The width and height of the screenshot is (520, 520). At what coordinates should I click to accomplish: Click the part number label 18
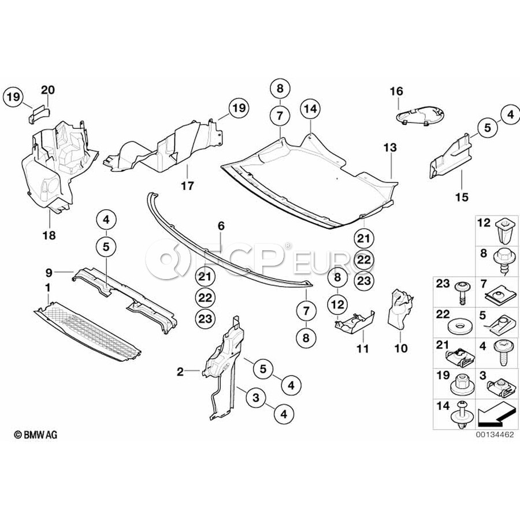click(49, 235)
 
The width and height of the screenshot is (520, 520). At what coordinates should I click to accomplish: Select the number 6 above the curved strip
click(220, 226)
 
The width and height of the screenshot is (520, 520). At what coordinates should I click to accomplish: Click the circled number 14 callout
click(310, 108)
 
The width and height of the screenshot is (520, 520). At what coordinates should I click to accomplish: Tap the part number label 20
click(48, 90)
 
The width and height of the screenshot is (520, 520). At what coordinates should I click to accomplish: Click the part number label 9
click(49, 271)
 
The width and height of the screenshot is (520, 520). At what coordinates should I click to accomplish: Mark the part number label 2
click(180, 373)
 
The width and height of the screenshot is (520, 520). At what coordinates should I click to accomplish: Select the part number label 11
click(362, 349)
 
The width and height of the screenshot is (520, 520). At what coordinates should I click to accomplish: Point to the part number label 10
click(401, 348)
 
